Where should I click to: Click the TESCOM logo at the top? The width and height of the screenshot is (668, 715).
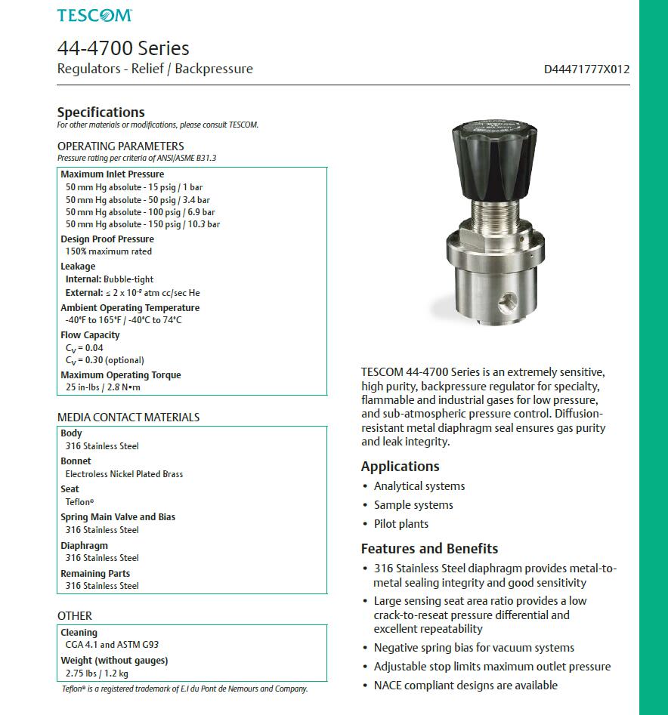click(94, 15)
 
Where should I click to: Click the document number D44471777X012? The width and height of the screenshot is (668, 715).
click(586, 69)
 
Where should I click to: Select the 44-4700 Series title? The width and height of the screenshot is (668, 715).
click(123, 48)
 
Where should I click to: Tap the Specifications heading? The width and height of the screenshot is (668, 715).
click(101, 112)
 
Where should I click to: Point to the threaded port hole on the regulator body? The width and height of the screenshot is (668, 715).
click(505, 304)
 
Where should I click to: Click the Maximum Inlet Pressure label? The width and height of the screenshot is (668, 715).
click(112, 174)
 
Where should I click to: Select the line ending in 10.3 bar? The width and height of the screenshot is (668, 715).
click(143, 224)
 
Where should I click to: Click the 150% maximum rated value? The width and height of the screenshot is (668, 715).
click(109, 251)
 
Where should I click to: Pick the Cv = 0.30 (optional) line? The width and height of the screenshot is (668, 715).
click(105, 360)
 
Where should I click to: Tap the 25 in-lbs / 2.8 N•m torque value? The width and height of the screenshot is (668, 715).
click(103, 387)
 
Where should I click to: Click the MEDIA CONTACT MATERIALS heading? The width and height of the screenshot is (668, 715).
click(128, 418)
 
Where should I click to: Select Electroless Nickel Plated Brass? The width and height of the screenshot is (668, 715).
click(124, 474)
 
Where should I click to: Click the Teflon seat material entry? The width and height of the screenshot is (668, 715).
click(79, 502)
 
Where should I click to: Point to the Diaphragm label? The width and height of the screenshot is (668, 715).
click(84, 545)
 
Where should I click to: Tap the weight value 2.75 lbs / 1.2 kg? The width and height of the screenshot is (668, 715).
click(97, 673)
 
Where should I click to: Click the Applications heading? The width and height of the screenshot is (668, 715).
click(400, 467)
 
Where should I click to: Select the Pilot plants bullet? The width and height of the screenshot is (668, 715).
click(400, 524)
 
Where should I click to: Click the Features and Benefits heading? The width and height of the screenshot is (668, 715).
click(429, 549)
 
